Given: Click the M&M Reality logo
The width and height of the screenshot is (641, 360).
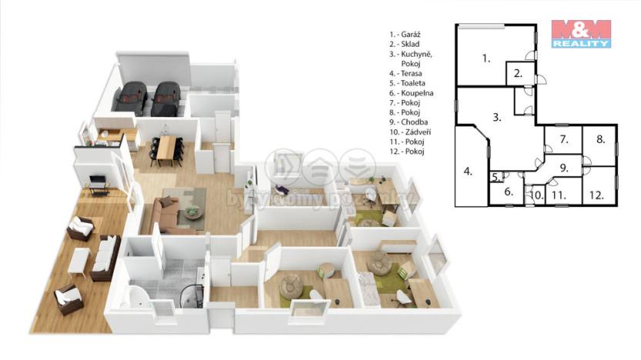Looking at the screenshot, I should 581,34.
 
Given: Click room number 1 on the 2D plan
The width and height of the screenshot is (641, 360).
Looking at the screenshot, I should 485,58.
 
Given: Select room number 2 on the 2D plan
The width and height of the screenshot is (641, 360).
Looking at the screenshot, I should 519,75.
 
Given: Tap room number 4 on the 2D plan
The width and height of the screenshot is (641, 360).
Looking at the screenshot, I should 467,171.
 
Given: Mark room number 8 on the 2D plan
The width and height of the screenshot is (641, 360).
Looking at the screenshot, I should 600,140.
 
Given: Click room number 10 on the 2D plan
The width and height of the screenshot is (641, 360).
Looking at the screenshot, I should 537,195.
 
